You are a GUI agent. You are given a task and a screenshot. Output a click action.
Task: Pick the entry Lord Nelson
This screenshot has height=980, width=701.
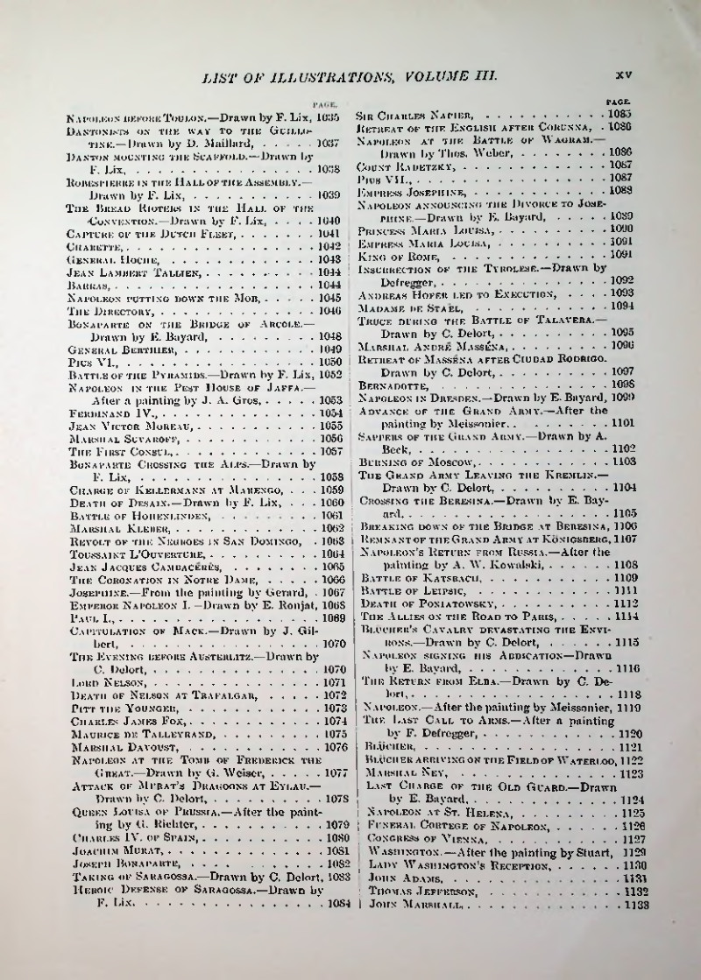tap(96, 680)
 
